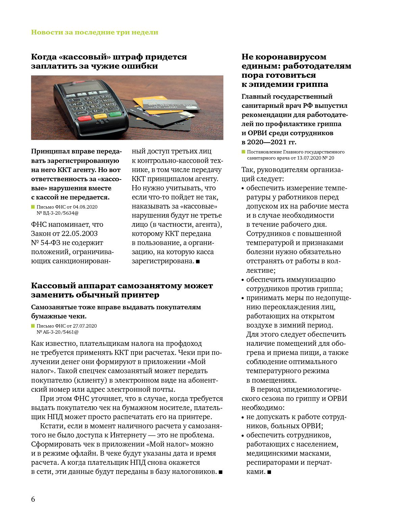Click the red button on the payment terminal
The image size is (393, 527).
[x=84, y=118]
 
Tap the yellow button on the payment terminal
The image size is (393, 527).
[x=100, y=116]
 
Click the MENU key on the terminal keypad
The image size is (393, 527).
[x=82, y=113]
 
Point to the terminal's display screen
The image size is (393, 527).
[x=83, y=88]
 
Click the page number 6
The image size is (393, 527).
[x=33, y=499]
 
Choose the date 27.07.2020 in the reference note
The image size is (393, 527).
[x=85, y=326]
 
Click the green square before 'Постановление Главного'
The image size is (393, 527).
[x=243, y=152]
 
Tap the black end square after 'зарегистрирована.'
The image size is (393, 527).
[x=198, y=261]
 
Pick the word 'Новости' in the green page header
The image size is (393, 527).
[x=43, y=32]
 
